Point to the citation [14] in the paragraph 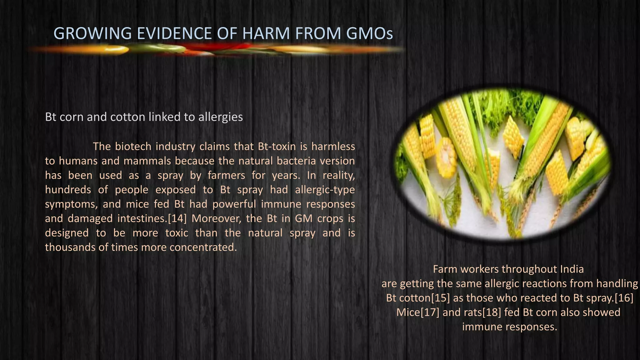pyautogui.click(x=177, y=218)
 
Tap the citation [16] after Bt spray pyautogui.click(x=624, y=298)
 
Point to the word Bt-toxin pyautogui.click(x=277, y=147)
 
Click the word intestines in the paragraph pyautogui.click(x=142, y=218)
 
